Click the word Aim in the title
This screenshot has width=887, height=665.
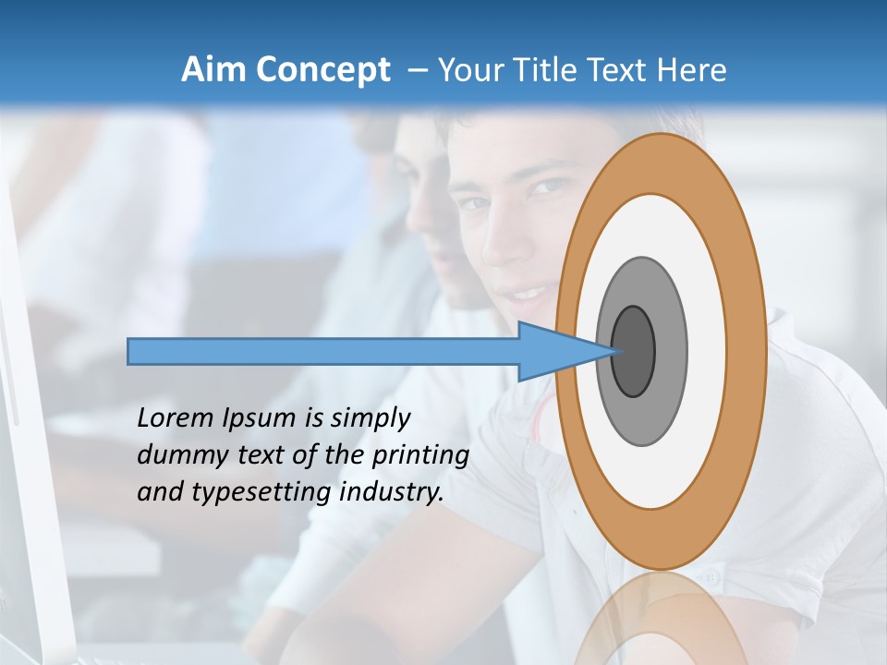[213, 70]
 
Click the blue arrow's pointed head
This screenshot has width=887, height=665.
[564, 352]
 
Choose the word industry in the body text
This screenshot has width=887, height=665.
[393, 492]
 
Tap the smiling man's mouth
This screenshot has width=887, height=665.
[528, 295]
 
